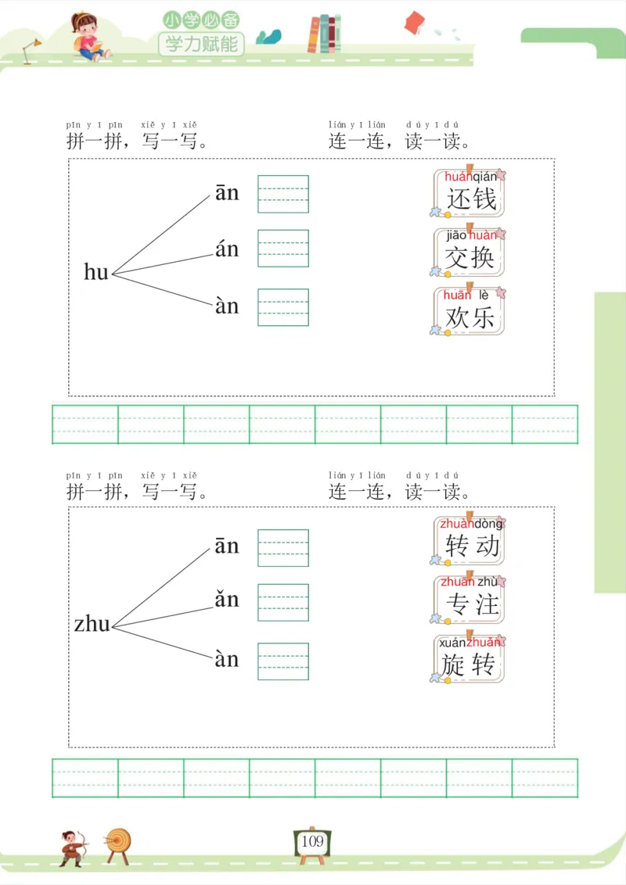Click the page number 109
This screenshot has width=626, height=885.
click(x=311, y=842)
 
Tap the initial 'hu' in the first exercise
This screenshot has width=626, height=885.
click(x=95, y=272)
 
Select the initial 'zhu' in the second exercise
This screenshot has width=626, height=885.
click(x=92, y=625)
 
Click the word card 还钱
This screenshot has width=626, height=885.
click(x=469, y=192)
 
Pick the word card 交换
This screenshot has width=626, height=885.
click(x=469, y=251)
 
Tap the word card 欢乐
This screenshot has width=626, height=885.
click(x=469, y=310)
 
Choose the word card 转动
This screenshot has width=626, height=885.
click(x=469, y=540)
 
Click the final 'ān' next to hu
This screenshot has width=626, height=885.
click(x=227, y=193)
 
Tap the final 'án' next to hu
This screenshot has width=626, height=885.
click(x=227, y=250)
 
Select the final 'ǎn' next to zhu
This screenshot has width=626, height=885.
click(x=227, y=600)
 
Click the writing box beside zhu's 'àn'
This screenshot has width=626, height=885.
click(x=283, y=661)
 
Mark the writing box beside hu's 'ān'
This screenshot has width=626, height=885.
click(x=283, y=194)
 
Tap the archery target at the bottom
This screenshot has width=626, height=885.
click(x=118, y=843)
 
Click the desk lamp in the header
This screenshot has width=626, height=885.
click(x=31, y=50)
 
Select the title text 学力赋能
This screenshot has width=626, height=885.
click(x=201, y=43)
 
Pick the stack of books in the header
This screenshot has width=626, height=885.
click(x=325, y=34)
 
